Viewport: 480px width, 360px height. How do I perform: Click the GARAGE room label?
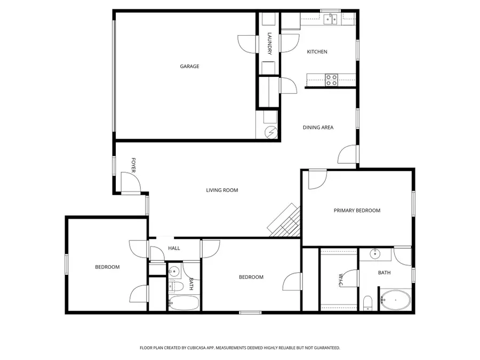point(189,66)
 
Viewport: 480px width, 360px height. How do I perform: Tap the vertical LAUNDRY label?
point(269,44)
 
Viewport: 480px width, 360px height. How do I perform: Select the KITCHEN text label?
point(317,52)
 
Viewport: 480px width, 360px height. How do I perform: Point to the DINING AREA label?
point(318,127)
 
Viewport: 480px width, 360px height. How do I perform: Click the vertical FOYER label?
point(134,165)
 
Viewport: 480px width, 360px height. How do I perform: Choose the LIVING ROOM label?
point(222,190)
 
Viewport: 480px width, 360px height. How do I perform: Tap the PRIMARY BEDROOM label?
point(357,211)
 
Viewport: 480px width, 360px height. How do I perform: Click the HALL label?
point(174,248)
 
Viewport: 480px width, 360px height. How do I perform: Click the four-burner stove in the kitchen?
point(332,80)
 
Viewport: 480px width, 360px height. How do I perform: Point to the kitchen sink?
point(331,20)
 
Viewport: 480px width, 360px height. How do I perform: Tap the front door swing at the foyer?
point(130,183)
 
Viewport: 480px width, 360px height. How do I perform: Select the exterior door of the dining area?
point(347,155)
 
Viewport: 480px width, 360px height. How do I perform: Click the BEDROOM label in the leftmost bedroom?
point(107,267)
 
